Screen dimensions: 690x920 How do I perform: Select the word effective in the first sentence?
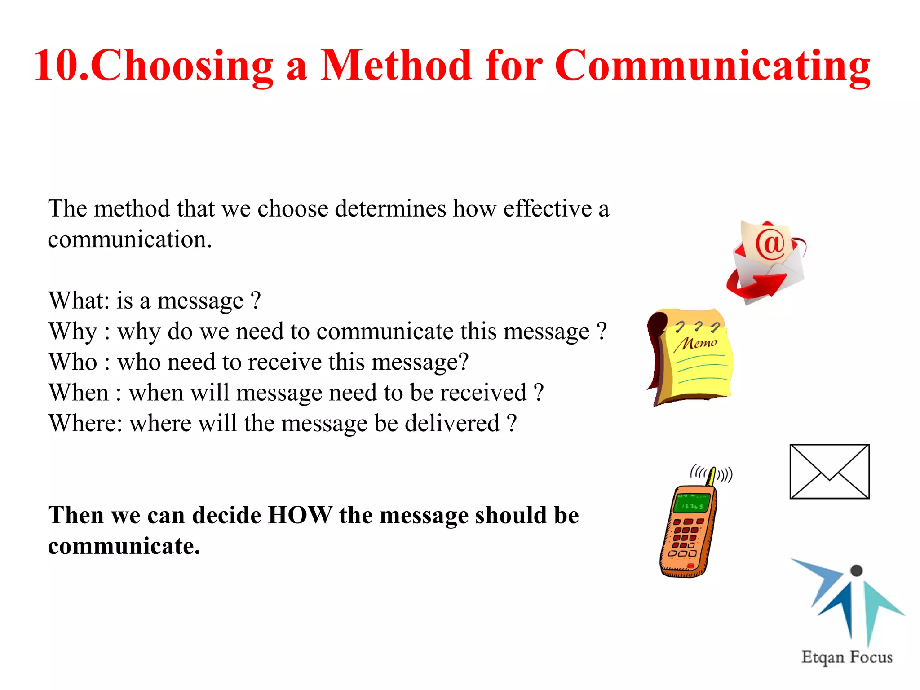[547, 209]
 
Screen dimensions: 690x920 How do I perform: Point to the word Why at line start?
[73, 332]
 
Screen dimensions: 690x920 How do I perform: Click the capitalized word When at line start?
[79, 393]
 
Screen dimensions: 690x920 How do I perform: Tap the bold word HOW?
[300, 515]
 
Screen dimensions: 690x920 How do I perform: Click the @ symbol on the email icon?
[770, 243]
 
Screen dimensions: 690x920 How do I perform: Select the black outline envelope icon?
[829, 471]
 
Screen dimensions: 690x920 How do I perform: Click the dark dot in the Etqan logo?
[857, 570]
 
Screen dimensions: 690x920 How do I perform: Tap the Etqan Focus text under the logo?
[847, 657]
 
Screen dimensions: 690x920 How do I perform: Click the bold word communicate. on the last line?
[124, 546]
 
